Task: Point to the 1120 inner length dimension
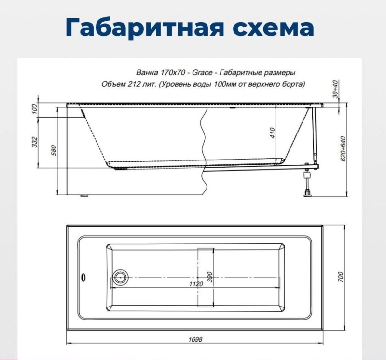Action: (196, 284)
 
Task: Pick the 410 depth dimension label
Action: (272, 133)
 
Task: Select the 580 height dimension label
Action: (54, 150)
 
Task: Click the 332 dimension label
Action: (35, 142)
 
